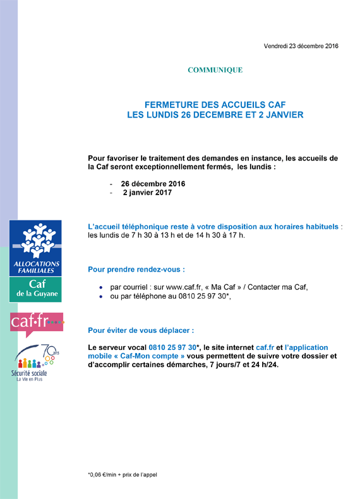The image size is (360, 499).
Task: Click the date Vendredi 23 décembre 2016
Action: point(301,46)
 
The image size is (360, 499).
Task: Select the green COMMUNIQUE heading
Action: point(215,70)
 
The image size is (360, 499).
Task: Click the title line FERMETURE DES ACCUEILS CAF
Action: point(215,105)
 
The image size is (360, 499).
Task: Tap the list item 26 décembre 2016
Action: point(153,184)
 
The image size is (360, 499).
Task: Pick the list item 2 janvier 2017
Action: point(147,193)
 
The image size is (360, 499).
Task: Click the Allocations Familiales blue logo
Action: point(35,248)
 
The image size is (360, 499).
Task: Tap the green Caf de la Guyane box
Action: point(35,289)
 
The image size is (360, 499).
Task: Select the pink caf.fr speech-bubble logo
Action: point(37,324)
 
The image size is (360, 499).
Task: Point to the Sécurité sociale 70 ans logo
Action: point(34,363)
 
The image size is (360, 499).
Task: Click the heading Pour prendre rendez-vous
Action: point(136,270)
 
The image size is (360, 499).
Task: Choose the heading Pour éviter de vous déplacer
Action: point(141,330)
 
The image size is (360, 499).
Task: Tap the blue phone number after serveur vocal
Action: point(172,347)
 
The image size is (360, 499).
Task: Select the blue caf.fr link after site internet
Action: point(265,347)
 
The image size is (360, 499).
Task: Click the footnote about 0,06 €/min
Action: point(123,475)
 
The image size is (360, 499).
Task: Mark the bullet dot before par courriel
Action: point(101,287)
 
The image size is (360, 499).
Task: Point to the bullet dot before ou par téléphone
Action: point(101,297)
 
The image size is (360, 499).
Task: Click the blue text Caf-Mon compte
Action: point(149,356)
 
